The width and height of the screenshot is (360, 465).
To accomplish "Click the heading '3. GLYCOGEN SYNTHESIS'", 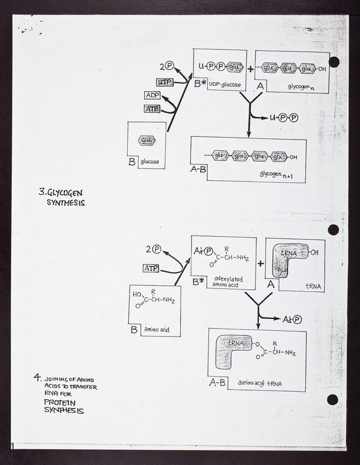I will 63,197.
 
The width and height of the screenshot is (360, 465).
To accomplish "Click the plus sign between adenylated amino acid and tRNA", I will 261,263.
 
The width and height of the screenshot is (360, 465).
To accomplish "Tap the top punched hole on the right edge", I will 334,62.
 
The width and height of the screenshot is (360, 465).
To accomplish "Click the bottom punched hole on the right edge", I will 333,399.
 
